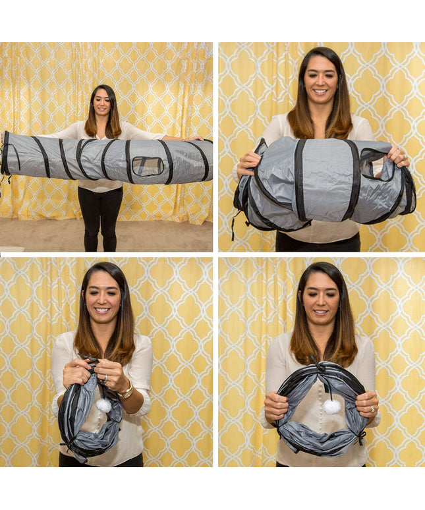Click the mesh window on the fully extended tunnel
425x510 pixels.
coord(148,166)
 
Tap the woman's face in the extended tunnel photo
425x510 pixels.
coord(101,103)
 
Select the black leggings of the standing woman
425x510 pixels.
coord(100,217)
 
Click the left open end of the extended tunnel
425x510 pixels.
coord(6,154)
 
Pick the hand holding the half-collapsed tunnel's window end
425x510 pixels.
coord(397,157)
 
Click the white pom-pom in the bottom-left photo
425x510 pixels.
coord(104,405)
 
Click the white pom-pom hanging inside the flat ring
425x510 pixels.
coord(331,407)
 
